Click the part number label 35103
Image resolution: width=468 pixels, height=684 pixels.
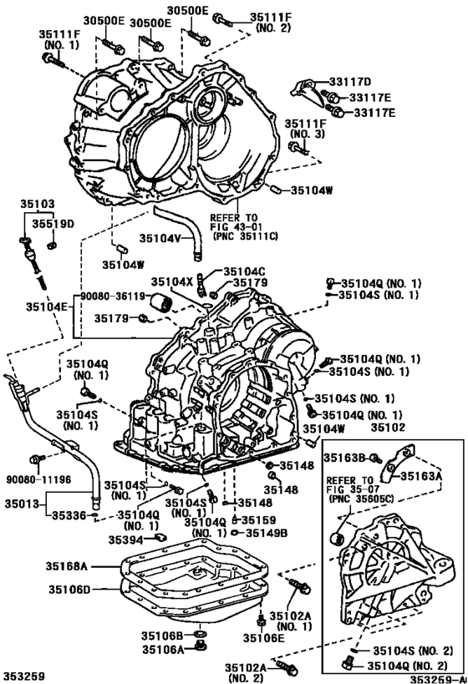click(37, 203)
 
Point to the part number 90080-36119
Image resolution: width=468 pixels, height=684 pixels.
click(114, 296)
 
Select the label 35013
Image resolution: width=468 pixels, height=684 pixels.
click(22, 504)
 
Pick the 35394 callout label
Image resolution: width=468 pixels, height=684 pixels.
click(127, 540)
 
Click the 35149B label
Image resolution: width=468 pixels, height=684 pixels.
click(267, 532)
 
